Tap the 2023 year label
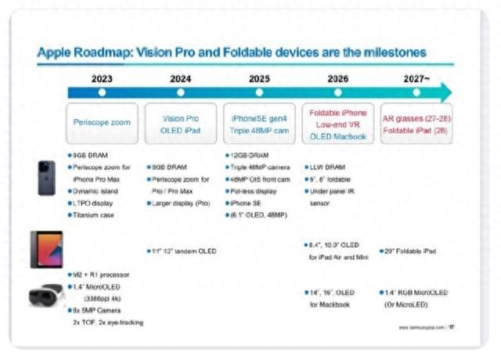102,78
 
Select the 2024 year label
181,78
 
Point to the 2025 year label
259,78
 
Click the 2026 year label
337,78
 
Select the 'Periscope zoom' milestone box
102,124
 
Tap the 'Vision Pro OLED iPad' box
181,124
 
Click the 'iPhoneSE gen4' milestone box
259,124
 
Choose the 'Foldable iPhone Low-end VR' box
337,124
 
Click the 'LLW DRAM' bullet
328,167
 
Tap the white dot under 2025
259,92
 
